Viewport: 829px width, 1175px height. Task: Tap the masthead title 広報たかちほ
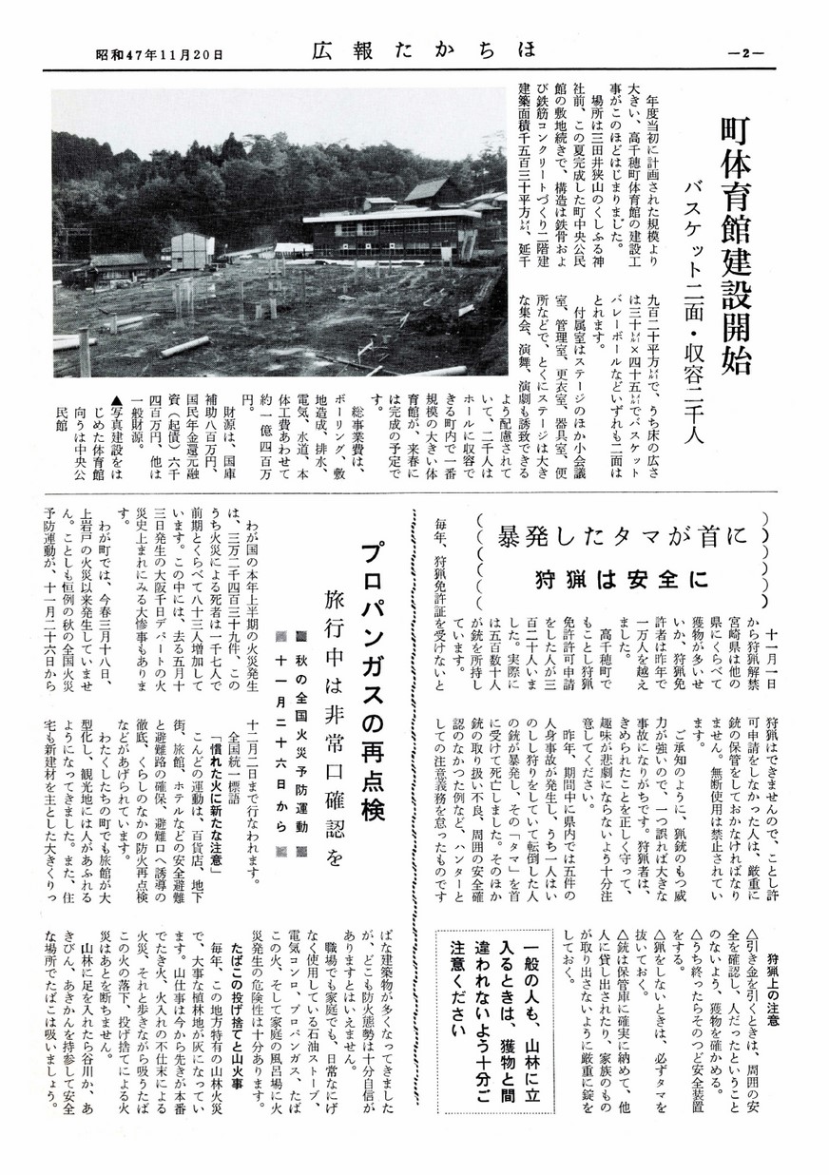411,53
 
